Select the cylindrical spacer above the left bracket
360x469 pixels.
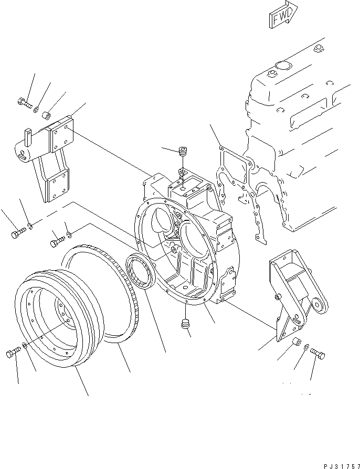(47, 113)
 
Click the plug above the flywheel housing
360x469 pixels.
(184, 152)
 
